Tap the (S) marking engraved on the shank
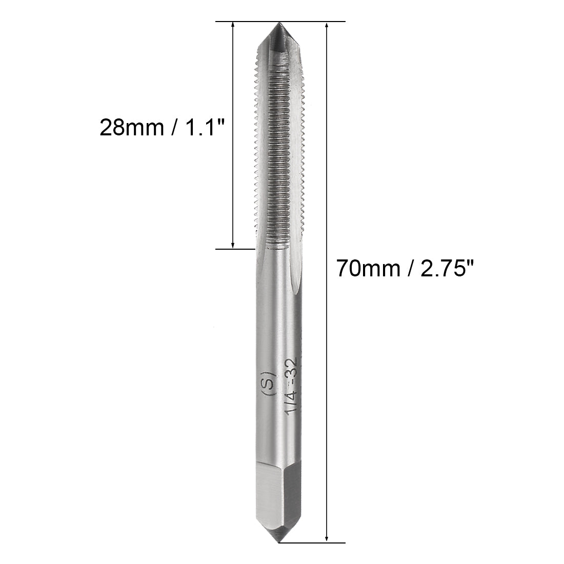point(269,381)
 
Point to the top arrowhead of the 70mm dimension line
point(327,26)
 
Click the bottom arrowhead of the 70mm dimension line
point(327,538)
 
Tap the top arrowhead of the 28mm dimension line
point(233,26)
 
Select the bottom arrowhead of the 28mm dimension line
point(233,245)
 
